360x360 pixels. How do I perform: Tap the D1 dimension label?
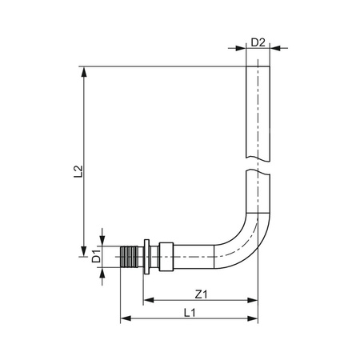coord(94,257)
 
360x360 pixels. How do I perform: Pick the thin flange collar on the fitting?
coord(146,257)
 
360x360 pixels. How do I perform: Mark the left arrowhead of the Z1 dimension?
coord(149,302)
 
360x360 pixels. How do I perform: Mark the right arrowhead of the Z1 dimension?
coord(255,302)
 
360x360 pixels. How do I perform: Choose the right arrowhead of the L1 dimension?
coord(255,319)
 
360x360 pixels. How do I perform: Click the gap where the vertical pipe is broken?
coord(258,162)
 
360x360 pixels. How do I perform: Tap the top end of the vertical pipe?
coord(258,67)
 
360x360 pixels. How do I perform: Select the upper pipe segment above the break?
coord(258,112)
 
